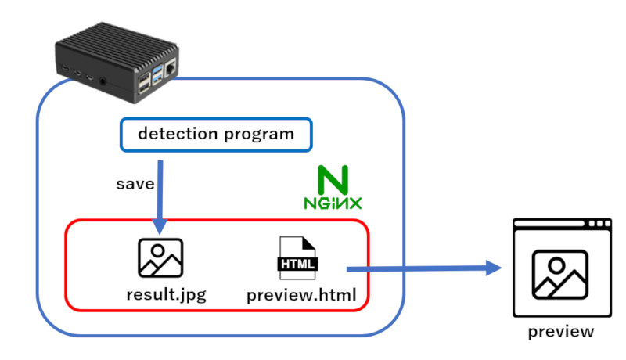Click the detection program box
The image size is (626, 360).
pos(215,134)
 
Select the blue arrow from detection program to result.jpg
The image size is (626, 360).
pos(160,196)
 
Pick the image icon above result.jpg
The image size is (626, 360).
pos(160,257)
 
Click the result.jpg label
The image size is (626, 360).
pos(160,295)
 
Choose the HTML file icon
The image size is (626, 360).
pos(298,259)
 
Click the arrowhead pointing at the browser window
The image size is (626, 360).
pos(493,268)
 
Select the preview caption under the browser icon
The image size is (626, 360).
pos(561,332)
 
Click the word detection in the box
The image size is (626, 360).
pos(173,134)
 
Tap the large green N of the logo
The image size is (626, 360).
pos(333,179)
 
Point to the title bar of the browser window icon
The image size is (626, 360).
pos(561,225)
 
